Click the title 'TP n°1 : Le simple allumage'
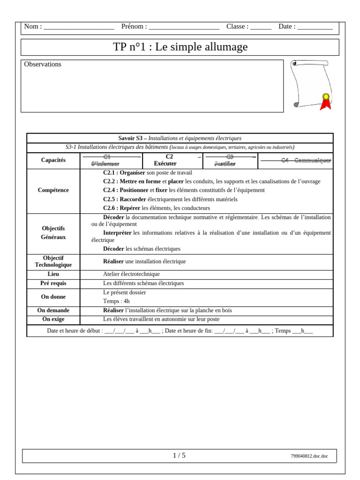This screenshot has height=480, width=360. click(x=180, y=47)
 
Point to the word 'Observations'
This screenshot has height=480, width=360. click(x=43, y=64)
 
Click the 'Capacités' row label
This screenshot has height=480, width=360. click(x=53, y=160)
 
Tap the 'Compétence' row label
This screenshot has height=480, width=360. click(x=53, y=190)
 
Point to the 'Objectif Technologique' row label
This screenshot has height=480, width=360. click(x=53, y=262)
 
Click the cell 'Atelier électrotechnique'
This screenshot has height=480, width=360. click(x=131, y=274)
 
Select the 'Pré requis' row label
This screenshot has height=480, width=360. click(x=53, y=284)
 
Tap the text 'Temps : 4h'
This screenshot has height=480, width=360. click(x=116, y=301)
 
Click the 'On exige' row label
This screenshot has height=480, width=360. click(x=53, y=319)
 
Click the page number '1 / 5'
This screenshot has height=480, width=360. click(x=179, y=456)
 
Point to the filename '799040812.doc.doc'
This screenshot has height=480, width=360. click(x=309, y=456)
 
